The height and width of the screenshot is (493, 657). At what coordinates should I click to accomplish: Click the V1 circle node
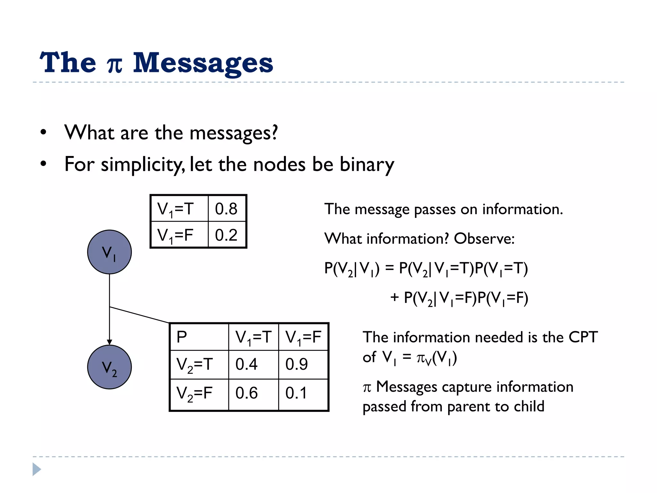[x=109, y=252]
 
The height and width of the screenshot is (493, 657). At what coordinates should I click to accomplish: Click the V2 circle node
[x=109, y=367]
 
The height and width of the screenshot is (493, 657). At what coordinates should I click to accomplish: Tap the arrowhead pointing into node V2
[x=109, y=342]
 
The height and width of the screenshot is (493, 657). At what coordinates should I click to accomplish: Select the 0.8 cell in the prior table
[x=226, y=209]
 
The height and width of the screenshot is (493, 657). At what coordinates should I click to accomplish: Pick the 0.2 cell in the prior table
[x=226, y=235]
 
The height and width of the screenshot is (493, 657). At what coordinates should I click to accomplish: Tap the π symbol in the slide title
[x=115, y=64]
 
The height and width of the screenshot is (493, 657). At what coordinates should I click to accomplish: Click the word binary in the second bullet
[x=367, y=164]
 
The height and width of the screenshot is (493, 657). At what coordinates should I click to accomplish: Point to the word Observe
[x=484, y=238]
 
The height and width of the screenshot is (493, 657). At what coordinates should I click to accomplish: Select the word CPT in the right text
[x=583, y=337]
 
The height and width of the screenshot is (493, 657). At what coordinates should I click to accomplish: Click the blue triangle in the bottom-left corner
[x=36, y=469]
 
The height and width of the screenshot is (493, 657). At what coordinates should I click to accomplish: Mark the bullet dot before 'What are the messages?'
[x=43, y=132]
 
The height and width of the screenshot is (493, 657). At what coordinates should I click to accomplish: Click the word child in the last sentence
[x=529, y=406]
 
